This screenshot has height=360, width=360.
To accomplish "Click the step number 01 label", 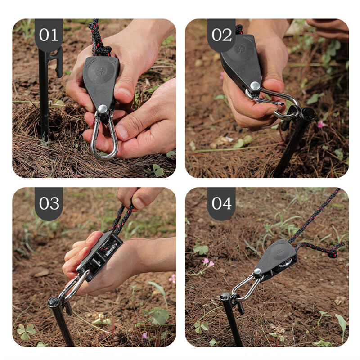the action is pos(49,35).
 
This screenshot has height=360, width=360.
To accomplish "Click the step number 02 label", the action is pos(221,35).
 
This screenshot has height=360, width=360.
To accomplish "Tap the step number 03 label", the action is pos(49,203).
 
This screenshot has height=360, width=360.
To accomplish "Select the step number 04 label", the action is pos(221,203).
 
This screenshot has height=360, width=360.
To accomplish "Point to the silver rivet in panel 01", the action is pos(103,109).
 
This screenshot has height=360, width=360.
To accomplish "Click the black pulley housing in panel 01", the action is pos(101,81).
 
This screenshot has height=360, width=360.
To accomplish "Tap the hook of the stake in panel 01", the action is pos(58,62).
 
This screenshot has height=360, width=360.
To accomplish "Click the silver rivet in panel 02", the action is pos(255,86).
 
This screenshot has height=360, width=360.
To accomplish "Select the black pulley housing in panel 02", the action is pos(241,62).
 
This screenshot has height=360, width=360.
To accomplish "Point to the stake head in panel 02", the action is pos(308,114).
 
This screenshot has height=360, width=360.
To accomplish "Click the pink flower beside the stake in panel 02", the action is pos(321,124).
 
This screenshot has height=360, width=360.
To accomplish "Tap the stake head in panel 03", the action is pos(54,302).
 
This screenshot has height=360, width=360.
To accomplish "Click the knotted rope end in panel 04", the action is pos(334,252).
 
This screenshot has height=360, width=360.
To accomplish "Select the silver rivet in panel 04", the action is pos(257,272).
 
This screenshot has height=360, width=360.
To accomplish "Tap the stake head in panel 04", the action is pos(225,297).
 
